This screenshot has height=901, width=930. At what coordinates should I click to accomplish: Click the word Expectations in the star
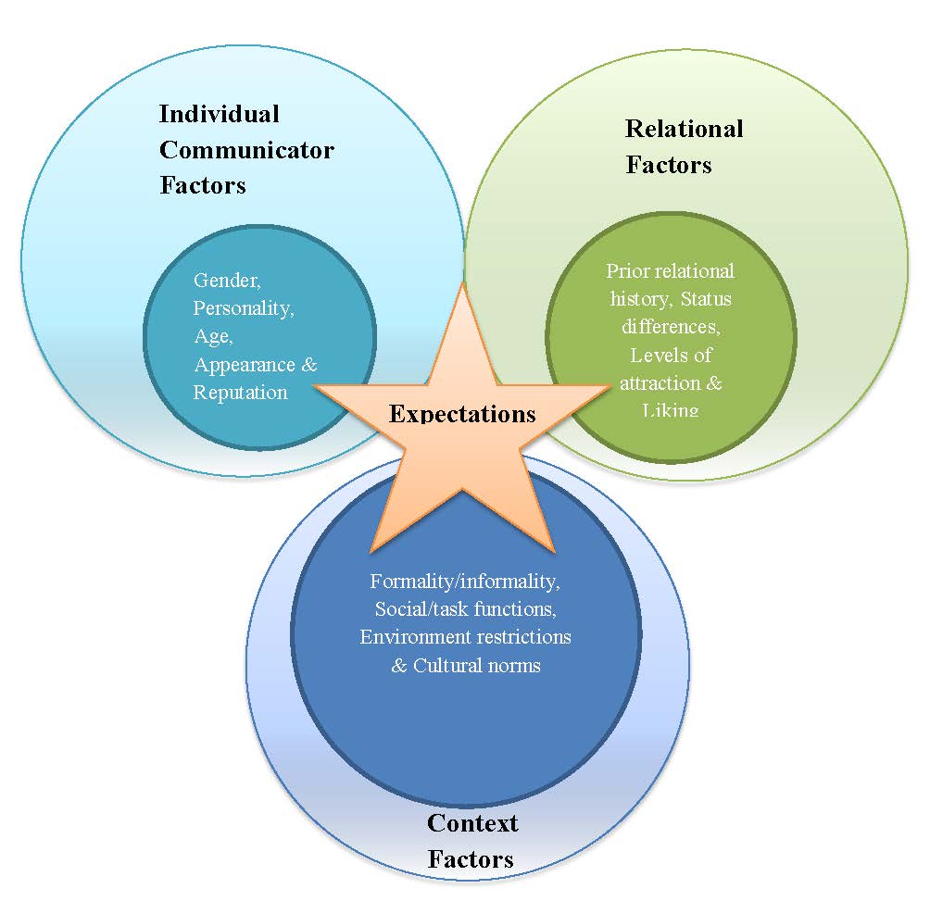pyautogui.click(x=462, y=413)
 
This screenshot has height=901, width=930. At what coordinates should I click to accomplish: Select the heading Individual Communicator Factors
pyautogui.click(x=245, y=149)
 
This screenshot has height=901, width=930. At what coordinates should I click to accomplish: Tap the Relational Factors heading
pyautogui.click(x=684, y=146)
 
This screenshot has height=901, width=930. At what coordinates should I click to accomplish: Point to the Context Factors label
pyautogui.click(x=471, y=841)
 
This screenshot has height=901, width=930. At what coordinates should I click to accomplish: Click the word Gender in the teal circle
pyautogui.click(x=225, y=280)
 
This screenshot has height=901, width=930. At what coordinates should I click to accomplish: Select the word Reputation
pyautogui.click(x=240, y=392)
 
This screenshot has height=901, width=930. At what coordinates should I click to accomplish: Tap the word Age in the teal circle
pyautogui.click(x=211, y=336)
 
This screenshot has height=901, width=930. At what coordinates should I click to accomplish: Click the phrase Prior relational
pyautogui.click(x=670, y=270)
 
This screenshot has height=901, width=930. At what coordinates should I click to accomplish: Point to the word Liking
pyautogui.click(x=670, y=409)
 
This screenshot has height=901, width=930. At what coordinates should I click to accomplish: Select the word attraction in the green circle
pyautogui.click(x=659, y=382)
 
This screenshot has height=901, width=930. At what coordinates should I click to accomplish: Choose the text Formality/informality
pyautogui.click(x=465, y=582)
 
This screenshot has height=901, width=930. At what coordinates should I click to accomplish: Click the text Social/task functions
pyautogui.click(x=465, y=609)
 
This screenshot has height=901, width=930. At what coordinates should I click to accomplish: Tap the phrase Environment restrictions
pyautogui.click(x=465, y=637)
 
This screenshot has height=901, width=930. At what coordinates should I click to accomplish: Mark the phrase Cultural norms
pyautogui.click(x=476, y=665)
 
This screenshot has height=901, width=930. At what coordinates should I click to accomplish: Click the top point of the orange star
pyautogui.click(x=460, y=283)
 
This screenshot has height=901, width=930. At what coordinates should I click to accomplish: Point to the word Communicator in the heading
pyautogui.click(x=246, y=149)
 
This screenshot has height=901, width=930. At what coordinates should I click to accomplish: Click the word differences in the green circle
pyautogui.click(x=669, y=326)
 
